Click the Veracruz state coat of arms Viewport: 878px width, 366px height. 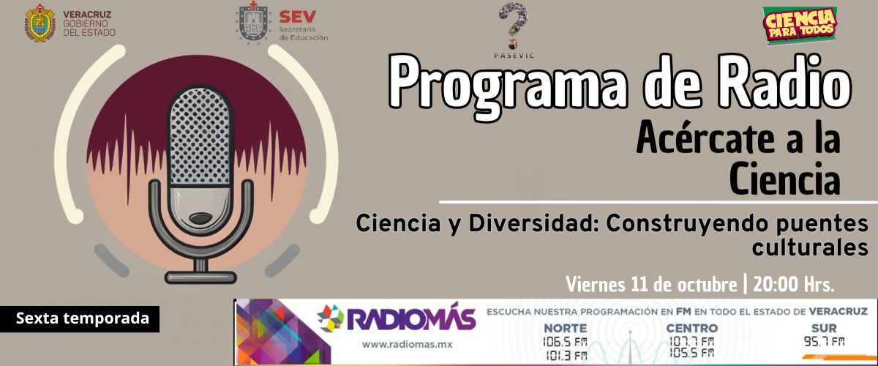(40, 23)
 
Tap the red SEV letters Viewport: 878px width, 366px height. (298, 17)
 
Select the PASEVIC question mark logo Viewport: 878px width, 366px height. (514, 26)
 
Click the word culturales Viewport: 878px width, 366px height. (809, 247)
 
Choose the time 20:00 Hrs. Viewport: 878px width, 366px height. (793, 285)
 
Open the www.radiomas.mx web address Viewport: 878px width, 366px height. (407, 345)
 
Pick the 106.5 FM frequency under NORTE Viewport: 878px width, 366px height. (565, 343)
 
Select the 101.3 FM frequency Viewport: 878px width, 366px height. (567, 356)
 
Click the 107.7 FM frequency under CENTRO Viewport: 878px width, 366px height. (692, 342)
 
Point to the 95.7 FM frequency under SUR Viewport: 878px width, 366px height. (825, 341)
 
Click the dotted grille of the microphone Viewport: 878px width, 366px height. (200, 136)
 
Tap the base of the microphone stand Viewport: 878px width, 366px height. (200, 277)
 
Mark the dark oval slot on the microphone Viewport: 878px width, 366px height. (200, 218)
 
